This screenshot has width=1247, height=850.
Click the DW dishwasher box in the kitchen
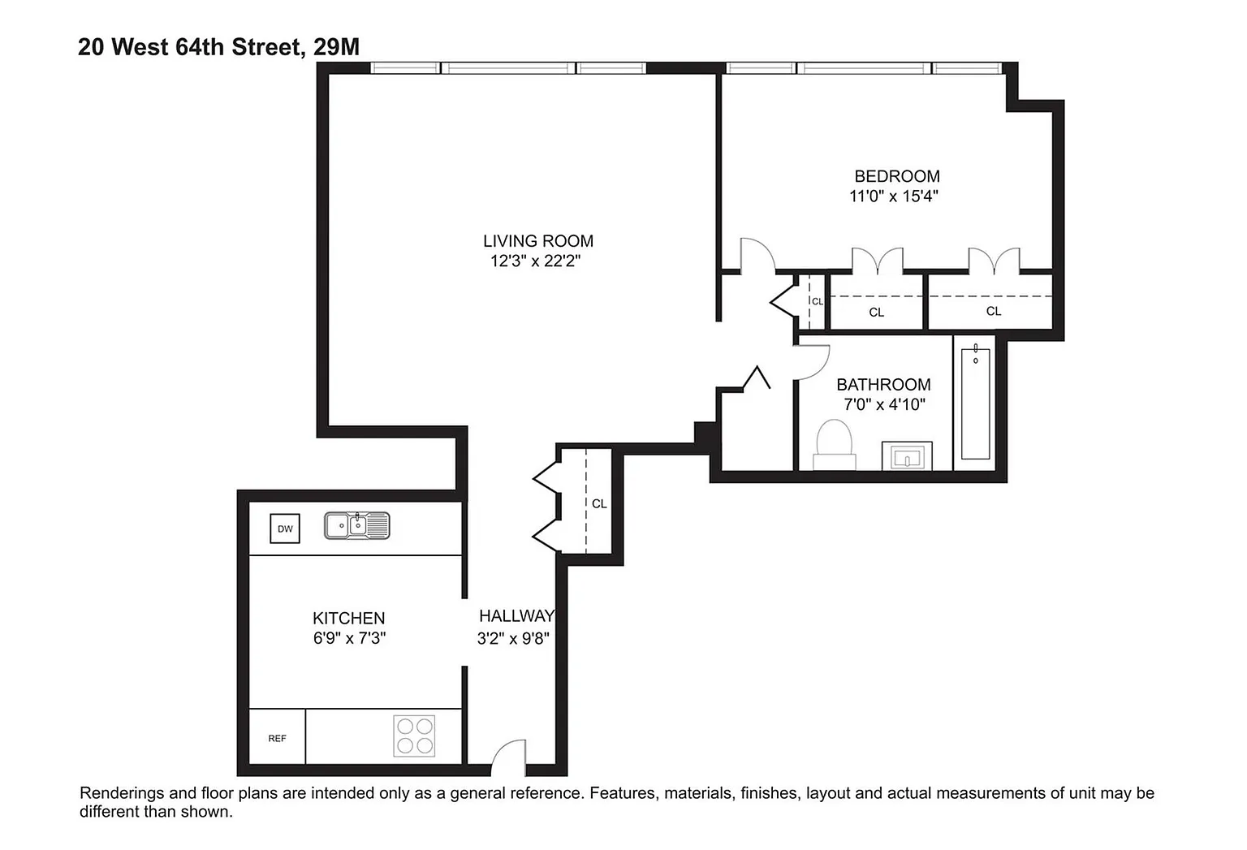[284, 529]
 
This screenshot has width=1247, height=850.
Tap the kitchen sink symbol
[357, 525]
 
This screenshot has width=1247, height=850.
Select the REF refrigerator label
[277, 738]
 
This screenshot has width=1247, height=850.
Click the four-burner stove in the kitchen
[414, 736]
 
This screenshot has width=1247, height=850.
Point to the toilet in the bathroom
[834, 444]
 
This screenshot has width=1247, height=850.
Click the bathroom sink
[907, 456]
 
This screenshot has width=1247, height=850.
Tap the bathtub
[975, 403]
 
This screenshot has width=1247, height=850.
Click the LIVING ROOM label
[537, 241]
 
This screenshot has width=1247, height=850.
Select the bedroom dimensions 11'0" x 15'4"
[894, 196]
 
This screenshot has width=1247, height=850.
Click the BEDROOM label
[897, 176]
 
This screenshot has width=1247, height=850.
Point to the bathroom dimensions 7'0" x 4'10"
[884, 404]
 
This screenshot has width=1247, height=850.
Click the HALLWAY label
[516, 615]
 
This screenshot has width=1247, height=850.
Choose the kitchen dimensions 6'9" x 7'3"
[349, 638]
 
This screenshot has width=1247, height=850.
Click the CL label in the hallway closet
[599, 504]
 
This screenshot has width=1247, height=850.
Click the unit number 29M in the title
[336, 47]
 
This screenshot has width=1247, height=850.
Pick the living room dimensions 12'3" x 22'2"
[535, 261]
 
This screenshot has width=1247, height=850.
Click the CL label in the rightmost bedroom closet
[994, 311]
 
